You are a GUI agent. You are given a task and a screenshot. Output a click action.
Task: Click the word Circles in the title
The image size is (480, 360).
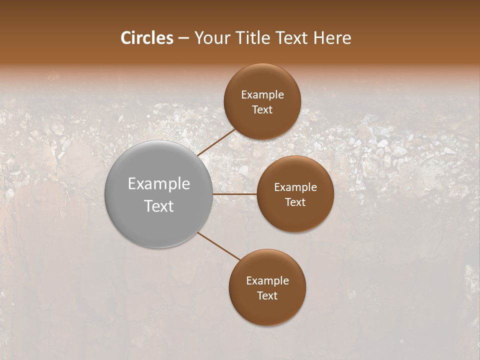coord(146,38)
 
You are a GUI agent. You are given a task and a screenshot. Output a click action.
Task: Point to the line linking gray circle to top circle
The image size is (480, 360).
coord(216,142)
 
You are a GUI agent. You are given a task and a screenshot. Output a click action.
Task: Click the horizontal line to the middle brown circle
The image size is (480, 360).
coord(234,194)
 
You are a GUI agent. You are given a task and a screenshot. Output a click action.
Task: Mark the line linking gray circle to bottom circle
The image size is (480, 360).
coord(219,246)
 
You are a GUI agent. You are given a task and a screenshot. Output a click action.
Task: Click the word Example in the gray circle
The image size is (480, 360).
coord(159,184)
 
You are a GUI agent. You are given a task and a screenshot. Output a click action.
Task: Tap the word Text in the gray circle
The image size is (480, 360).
coord(159,206)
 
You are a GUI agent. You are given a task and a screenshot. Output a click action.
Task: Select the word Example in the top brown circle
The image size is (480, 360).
coord(262,95)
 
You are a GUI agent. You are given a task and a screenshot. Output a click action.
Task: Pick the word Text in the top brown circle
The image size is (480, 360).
coord(262,110)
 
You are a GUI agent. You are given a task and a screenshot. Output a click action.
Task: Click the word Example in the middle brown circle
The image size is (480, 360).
coord(295,187)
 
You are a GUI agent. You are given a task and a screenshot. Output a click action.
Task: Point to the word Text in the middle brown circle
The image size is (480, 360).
coord(295,202)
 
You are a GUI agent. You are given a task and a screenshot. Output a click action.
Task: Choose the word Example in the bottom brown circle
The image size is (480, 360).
coord(267,281)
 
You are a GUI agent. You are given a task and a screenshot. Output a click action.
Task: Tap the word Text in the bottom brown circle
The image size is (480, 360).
coord(267,296)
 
